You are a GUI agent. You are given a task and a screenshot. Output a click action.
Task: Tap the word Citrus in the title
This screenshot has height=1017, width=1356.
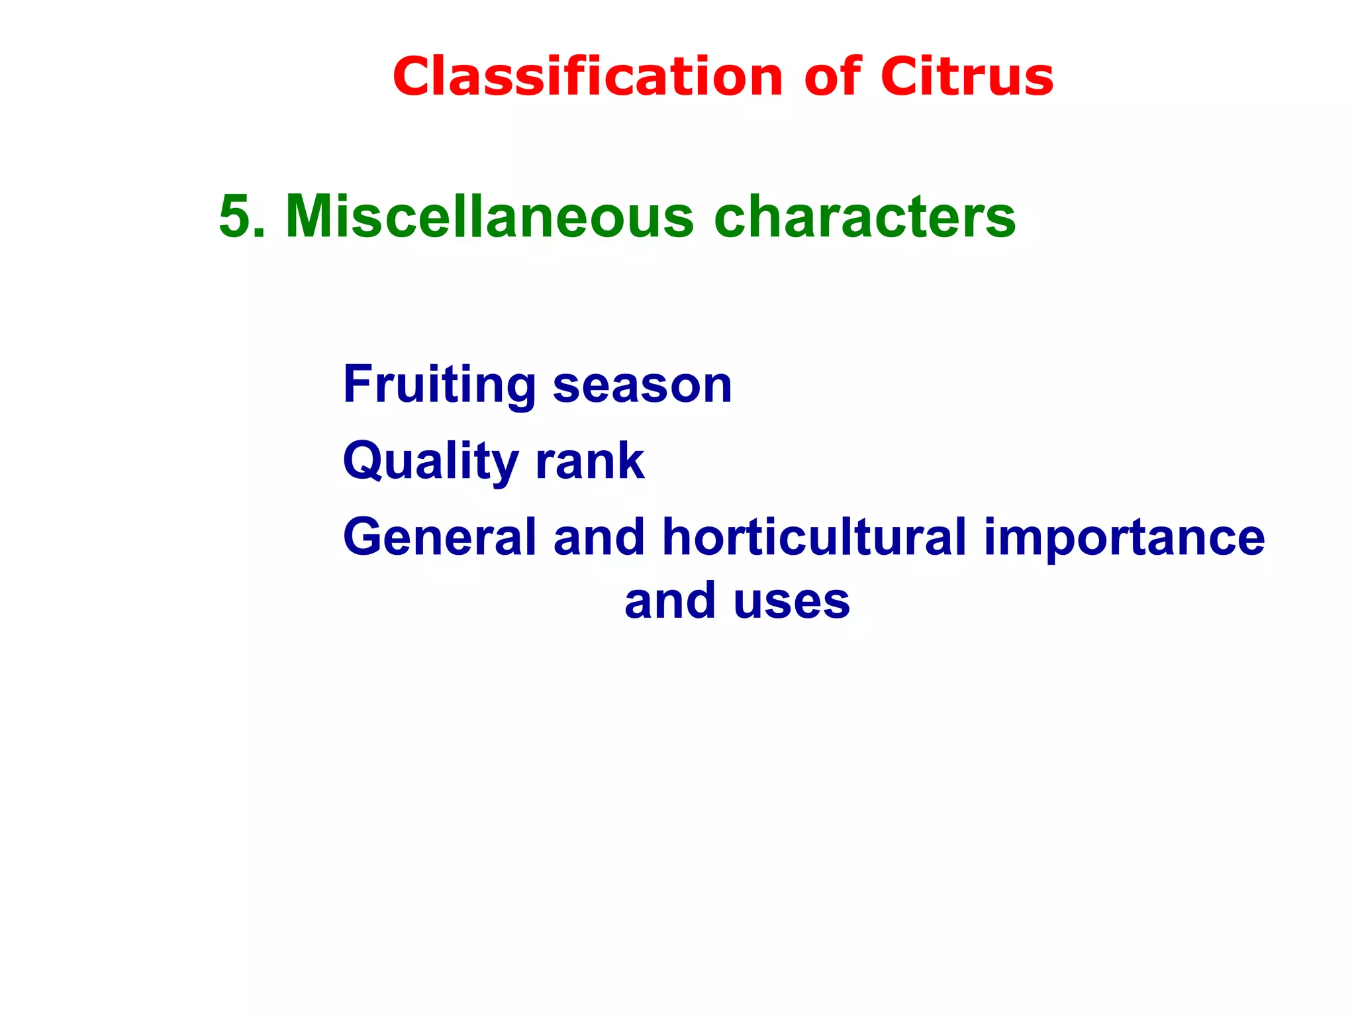967,77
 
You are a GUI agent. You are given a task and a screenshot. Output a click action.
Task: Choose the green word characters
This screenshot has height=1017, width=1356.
865,217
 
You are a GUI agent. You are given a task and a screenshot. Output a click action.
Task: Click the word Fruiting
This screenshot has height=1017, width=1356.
440,385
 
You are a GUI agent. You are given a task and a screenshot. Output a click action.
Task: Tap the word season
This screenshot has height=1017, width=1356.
642,385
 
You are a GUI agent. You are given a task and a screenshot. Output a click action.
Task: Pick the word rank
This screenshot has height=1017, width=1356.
590,462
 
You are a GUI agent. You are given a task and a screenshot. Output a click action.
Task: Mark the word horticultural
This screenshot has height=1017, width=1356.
814,537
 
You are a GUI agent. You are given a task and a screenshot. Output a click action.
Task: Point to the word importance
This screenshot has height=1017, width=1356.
1124,537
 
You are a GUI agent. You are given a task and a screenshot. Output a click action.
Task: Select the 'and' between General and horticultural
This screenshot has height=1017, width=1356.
599,537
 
